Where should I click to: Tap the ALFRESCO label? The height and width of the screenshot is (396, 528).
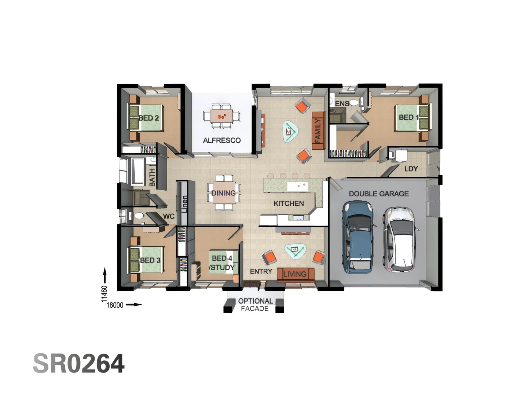222,140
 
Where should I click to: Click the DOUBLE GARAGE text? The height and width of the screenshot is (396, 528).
378,194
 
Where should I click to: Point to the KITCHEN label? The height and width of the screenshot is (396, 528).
289,203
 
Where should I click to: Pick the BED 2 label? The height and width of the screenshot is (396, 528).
148,118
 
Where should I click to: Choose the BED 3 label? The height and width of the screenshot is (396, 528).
150,260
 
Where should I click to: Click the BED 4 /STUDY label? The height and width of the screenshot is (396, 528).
222,263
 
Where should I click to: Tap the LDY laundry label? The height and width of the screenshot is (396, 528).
411,169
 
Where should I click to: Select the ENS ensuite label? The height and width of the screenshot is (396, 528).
342,104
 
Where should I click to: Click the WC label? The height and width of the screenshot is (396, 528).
169,216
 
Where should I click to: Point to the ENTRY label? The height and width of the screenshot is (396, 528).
261,271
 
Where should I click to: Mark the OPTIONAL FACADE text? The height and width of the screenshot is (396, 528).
255,305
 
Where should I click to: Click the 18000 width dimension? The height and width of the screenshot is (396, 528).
115,305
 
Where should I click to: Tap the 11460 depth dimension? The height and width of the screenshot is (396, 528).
104,294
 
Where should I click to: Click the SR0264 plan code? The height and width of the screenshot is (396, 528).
79,364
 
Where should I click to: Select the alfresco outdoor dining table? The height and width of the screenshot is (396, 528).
221,116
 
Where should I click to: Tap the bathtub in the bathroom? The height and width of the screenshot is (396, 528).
138,171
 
